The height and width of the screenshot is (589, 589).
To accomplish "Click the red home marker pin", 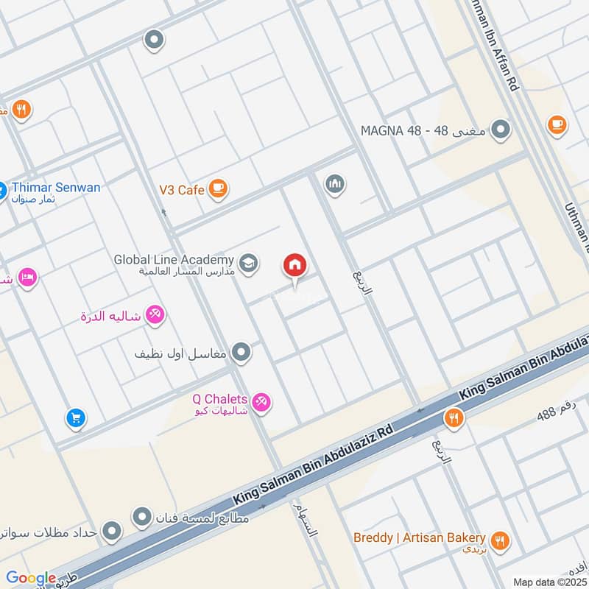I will pyautogui.click(x=295, y=266).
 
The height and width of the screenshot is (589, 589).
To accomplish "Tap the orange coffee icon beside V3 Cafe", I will pyautogui.click(x=217, y=189).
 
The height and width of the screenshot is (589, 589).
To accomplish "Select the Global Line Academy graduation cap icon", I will pyautogui.click(x=249, y=262).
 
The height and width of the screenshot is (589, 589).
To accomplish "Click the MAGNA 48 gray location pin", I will pyautogui.click(x=501, y=130).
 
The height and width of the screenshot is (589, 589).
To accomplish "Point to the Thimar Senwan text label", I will pyautogui.click(x=55, y=188).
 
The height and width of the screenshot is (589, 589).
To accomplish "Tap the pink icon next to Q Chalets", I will pyautogui.click(x=260, y=402).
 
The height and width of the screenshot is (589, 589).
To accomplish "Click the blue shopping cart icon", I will pyautogui.click(x=75, y=419).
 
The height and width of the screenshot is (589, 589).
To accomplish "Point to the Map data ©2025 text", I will pyautogui.click(x=549, y=582).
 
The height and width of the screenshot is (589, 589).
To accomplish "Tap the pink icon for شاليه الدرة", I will pyautogui.click(x=155, y=316).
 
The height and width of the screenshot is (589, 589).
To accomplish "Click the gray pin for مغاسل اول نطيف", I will pyautogui.click(x=241, y=353).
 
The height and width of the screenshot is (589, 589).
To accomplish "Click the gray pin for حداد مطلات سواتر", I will pyautogui.click(x=112, y=530).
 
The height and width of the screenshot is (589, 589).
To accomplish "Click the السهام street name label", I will pyautogui.click(x=303, y=520).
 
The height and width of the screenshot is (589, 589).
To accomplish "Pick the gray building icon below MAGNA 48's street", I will pyautogui.click(x=335, y=183).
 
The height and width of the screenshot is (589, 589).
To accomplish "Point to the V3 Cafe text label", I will pyautogui.click(x=181, y=189).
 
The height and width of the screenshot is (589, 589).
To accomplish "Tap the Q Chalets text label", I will pyautogui.click(x=219, y=398).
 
